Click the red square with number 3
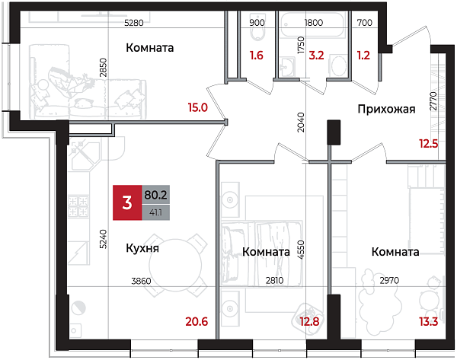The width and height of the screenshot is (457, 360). pyautogui.click(x=126, y=202)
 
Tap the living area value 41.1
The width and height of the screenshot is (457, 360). pyautogui.click(x=156, y=212)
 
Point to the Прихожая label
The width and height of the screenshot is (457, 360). pyautogui.click(x=386, y=110)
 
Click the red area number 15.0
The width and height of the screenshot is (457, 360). pyautogui.click(x=198, y=107)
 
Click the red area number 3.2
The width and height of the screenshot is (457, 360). pyautogui.click(x=317, y=55)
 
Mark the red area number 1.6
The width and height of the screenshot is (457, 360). pyautogui.click(x=256, y=55)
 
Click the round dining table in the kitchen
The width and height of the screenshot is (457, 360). pyautogui.click(x=176, y=267)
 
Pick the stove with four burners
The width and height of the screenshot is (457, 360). pyautogui.click(x=78, y=205)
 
